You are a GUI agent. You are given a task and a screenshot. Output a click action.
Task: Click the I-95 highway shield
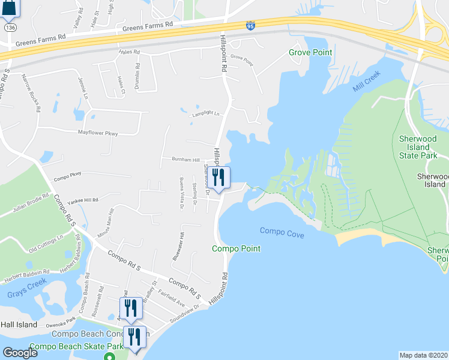click(x=250, y=25)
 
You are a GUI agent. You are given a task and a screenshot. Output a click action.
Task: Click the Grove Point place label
click(x=310, y=53)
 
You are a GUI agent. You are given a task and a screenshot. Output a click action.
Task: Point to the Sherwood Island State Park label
click(x=423, y=146)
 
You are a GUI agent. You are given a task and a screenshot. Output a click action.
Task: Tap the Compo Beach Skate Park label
click(x=67, y=346)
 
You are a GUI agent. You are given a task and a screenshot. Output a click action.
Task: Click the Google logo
click(x=20, y=353)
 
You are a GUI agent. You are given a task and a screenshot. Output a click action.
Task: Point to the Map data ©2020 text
click(x=423, y=355)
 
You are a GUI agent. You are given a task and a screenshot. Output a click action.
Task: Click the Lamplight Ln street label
click(x=206, y=113)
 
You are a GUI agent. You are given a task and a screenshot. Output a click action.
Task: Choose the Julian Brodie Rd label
click(x=23, y=203)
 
